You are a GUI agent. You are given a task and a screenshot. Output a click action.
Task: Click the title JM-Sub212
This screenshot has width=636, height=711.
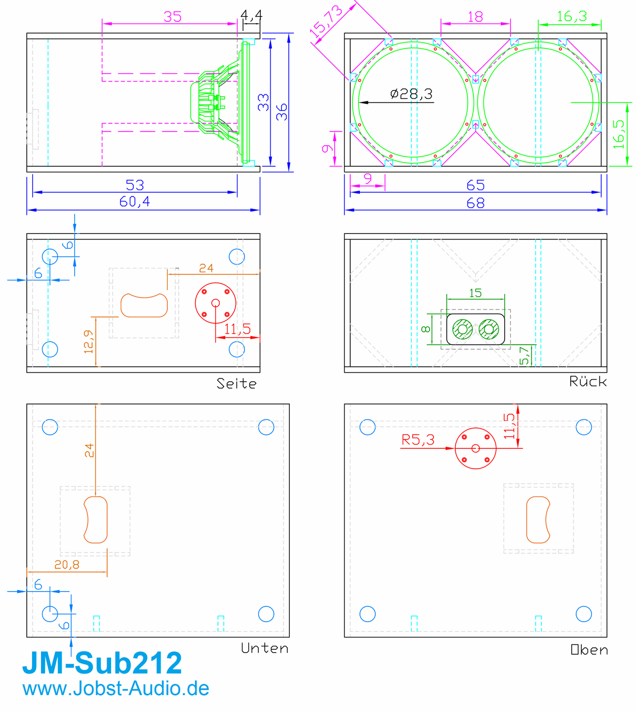pos(102,663)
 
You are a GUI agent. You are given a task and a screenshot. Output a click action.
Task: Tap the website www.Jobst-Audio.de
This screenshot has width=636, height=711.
pos(116,689)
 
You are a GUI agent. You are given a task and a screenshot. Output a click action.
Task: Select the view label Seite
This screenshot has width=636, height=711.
pos(236,384)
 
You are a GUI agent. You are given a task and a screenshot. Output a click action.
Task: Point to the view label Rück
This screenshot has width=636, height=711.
pos(588,381)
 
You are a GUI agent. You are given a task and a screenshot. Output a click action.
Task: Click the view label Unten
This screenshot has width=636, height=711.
pos(265,648)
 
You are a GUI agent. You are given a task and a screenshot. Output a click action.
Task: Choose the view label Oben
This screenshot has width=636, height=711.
pos(589,650)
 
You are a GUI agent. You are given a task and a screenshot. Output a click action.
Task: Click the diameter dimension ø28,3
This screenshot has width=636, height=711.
pos(411,94)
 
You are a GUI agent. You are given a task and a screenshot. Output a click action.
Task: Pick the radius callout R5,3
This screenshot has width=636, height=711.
pos(418,440)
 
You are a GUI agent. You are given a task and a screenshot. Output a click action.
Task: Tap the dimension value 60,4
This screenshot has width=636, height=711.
pos(135,201)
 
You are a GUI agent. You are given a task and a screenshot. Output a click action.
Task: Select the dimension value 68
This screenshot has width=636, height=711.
pos(475,203)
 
